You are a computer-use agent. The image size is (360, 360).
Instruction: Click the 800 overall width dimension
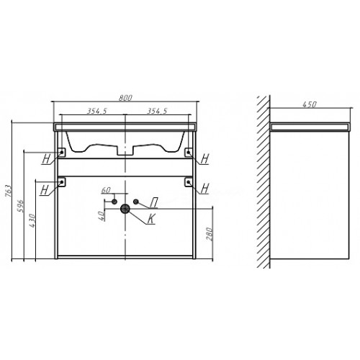(125, 98)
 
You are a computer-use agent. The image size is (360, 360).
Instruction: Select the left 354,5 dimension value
(96, 111)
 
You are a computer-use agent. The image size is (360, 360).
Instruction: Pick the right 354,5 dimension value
(157, 111)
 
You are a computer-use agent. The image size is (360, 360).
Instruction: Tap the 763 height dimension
(8, 191)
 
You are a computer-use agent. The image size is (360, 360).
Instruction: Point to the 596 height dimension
(21, 206)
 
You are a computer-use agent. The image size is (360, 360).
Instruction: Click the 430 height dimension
(32, 220)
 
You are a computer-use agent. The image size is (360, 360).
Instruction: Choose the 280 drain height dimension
(210, 234)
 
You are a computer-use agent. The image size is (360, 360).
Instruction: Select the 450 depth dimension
(310, 104)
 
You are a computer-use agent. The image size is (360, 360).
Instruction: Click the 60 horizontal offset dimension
(106, 190)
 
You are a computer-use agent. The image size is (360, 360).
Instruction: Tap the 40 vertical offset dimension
(102, 216)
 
